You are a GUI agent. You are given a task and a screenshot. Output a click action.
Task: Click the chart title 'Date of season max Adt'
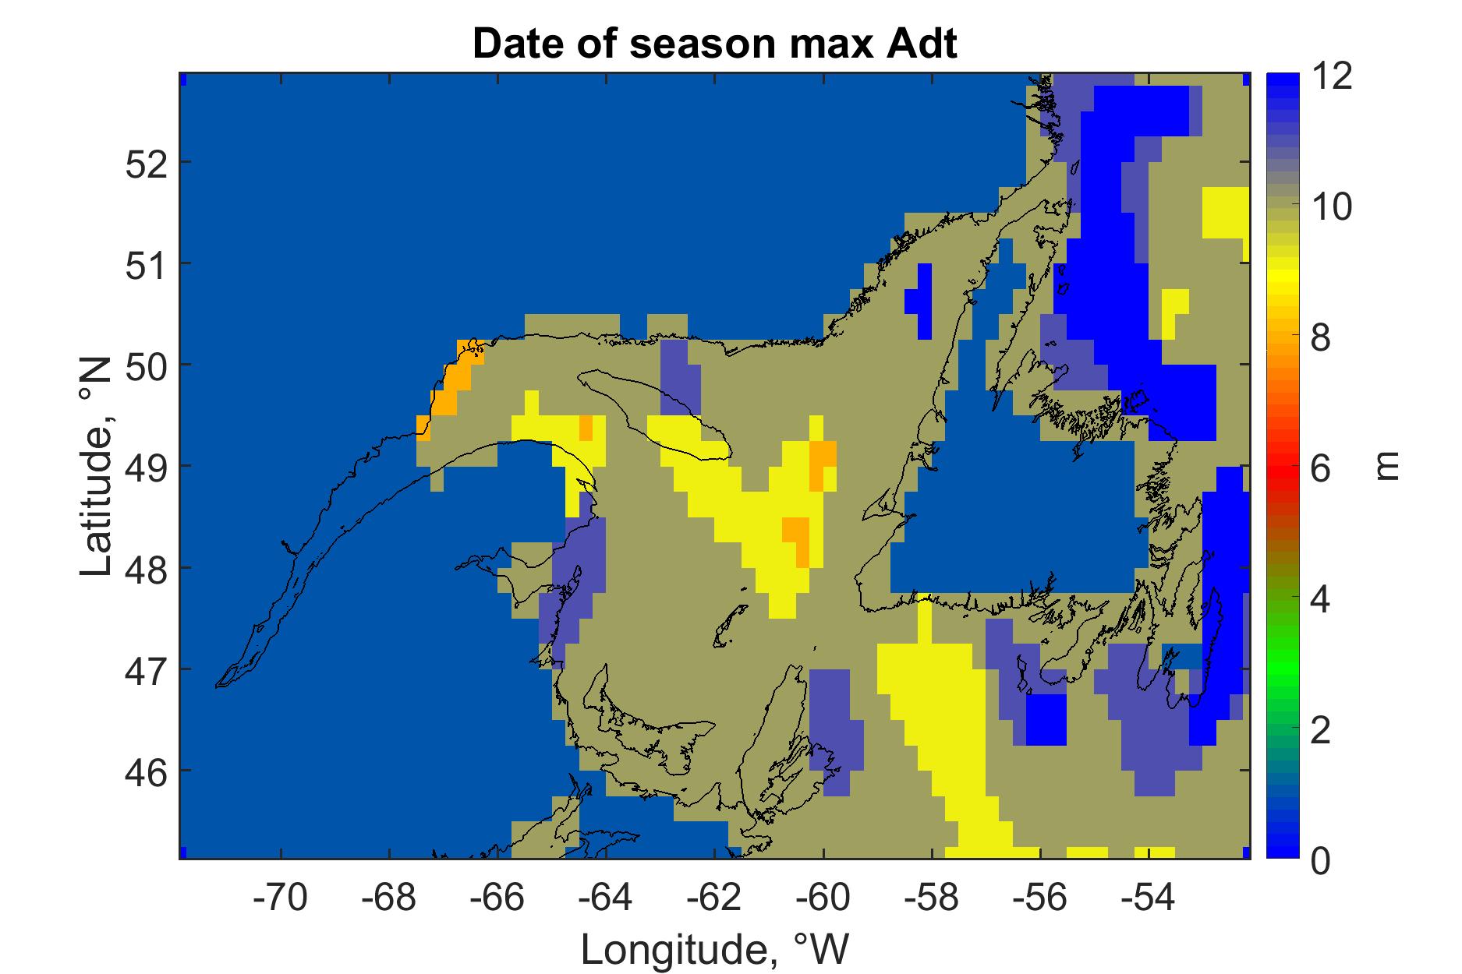click(713, 44)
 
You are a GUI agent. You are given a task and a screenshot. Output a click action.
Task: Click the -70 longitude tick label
click(281, 898)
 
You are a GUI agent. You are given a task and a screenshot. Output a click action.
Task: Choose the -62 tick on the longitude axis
click(714, 898)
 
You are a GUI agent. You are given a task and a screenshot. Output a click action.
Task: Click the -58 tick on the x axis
click(931, 898)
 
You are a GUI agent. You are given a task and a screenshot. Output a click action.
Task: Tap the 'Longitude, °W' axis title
click(714, 949)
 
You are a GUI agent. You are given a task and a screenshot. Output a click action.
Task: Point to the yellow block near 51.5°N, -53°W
click(1224, 212)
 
